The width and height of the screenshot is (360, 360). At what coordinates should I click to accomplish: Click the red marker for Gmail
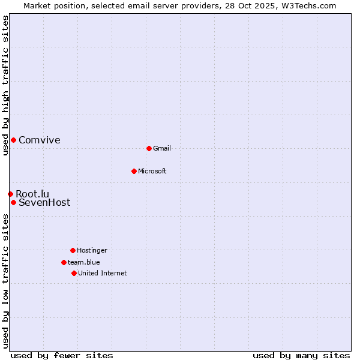pos(149,148)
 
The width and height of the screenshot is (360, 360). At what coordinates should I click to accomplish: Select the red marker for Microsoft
pos(134,171)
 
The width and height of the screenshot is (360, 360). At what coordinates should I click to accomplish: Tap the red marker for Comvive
pos(13,140)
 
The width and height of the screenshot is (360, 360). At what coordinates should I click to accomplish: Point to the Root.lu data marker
pos(10,194)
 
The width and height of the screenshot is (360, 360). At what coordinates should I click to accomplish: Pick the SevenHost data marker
pos(13,202)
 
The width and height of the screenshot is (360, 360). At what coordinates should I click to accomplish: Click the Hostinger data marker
pos(73,250)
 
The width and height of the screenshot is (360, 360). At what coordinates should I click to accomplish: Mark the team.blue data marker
pos(64,262)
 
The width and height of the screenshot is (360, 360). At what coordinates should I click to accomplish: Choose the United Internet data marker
pos(74,273)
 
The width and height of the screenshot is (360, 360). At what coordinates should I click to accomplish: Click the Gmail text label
pos(162,148)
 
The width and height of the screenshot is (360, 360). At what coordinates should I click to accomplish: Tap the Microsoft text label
pos(152,171)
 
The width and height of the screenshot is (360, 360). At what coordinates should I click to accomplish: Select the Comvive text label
pos(40,140)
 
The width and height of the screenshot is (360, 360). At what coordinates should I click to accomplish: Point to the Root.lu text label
pos(32,194)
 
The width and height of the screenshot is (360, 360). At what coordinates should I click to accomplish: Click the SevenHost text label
pos(44,203)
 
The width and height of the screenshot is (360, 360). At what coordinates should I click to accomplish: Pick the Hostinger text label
pos(92,250)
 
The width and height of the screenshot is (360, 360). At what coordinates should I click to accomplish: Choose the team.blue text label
pos(84,262)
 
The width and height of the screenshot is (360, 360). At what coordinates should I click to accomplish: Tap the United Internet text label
pos(103,273)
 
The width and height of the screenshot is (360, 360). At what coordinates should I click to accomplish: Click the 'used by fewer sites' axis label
pos(62,355)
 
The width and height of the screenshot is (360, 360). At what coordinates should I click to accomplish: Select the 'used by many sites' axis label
pos(301,355)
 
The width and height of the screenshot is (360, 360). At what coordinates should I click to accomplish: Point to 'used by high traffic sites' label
pos(5,86)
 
